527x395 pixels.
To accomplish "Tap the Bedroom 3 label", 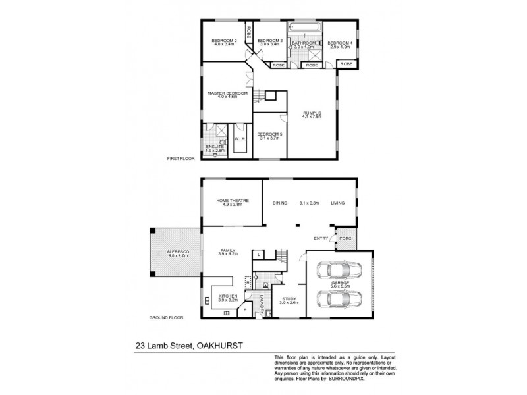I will (x=269, y=41).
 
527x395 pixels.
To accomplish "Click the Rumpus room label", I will (x=312, y=113).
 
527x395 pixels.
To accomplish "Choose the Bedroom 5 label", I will (x=270, y=134).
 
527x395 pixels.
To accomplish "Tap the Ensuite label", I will (x=215, y=147).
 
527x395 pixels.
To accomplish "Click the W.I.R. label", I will (x=239, y=139).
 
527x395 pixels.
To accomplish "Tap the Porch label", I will (x=346, y=238).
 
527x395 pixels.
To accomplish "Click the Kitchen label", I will (x=227, y=296).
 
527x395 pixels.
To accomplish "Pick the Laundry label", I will (x=262, y=303).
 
